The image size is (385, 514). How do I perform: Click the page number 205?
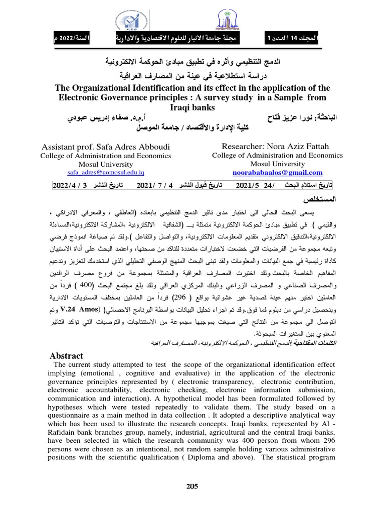(x=192, y=486)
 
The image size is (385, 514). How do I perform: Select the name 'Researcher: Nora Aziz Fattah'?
(x=269, y=147)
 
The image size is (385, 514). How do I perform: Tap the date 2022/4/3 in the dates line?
(x=75, y=186)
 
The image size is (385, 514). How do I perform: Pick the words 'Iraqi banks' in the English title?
(x=192, y=107)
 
